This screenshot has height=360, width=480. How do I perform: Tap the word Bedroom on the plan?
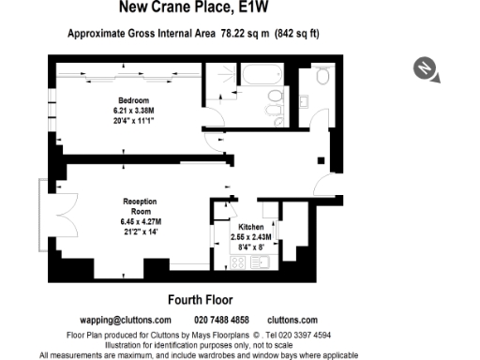131,99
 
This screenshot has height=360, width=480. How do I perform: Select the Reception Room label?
139,206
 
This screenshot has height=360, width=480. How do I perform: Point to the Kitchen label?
251,228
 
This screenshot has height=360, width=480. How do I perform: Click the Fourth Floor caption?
200,300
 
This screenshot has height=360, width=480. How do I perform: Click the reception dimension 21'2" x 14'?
139,231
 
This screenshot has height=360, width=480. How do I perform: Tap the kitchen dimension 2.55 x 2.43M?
251,237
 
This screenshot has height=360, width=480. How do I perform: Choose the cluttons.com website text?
292,321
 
